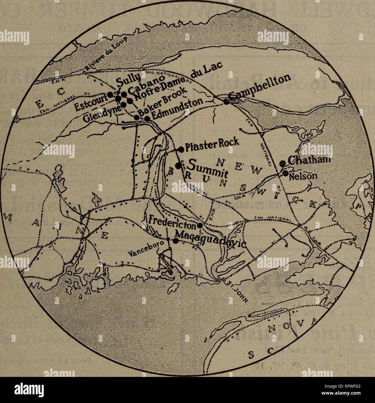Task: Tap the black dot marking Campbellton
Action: (226, 101)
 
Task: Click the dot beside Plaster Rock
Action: (182, 149)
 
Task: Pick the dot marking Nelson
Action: (286, 173)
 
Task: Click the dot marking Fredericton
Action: (200, 225)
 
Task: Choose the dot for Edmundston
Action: (147, 119)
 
